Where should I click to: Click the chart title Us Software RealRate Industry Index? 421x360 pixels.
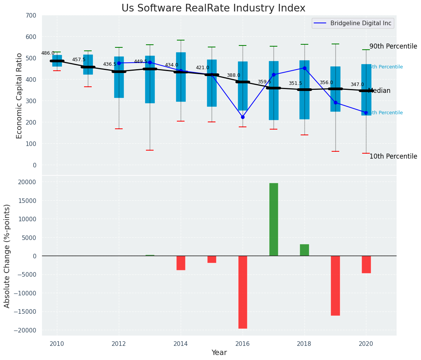click(213, 8)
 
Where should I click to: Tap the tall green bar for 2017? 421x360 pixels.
click(274, 219)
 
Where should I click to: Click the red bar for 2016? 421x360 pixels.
click(243, 292)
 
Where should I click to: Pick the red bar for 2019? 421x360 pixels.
click(335, 285)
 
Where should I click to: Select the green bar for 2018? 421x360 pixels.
click(304, 250)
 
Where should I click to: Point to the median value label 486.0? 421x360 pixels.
click(48, 54)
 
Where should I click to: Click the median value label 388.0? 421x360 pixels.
click(233, 76)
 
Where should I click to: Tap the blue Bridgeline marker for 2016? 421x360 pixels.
click(243, 117)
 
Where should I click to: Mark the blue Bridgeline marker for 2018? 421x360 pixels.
click(304, 68)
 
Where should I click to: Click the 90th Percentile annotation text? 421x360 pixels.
click(393, 46)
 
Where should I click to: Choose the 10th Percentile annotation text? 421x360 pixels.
click(393, 156)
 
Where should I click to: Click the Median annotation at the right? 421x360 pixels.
click(379, 91)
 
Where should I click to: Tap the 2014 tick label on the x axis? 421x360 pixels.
click(181, 343)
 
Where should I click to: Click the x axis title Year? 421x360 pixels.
click(219, 353)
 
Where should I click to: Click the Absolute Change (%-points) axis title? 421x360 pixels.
click(7, 256)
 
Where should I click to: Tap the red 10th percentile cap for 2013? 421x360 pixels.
click(150, 150)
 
